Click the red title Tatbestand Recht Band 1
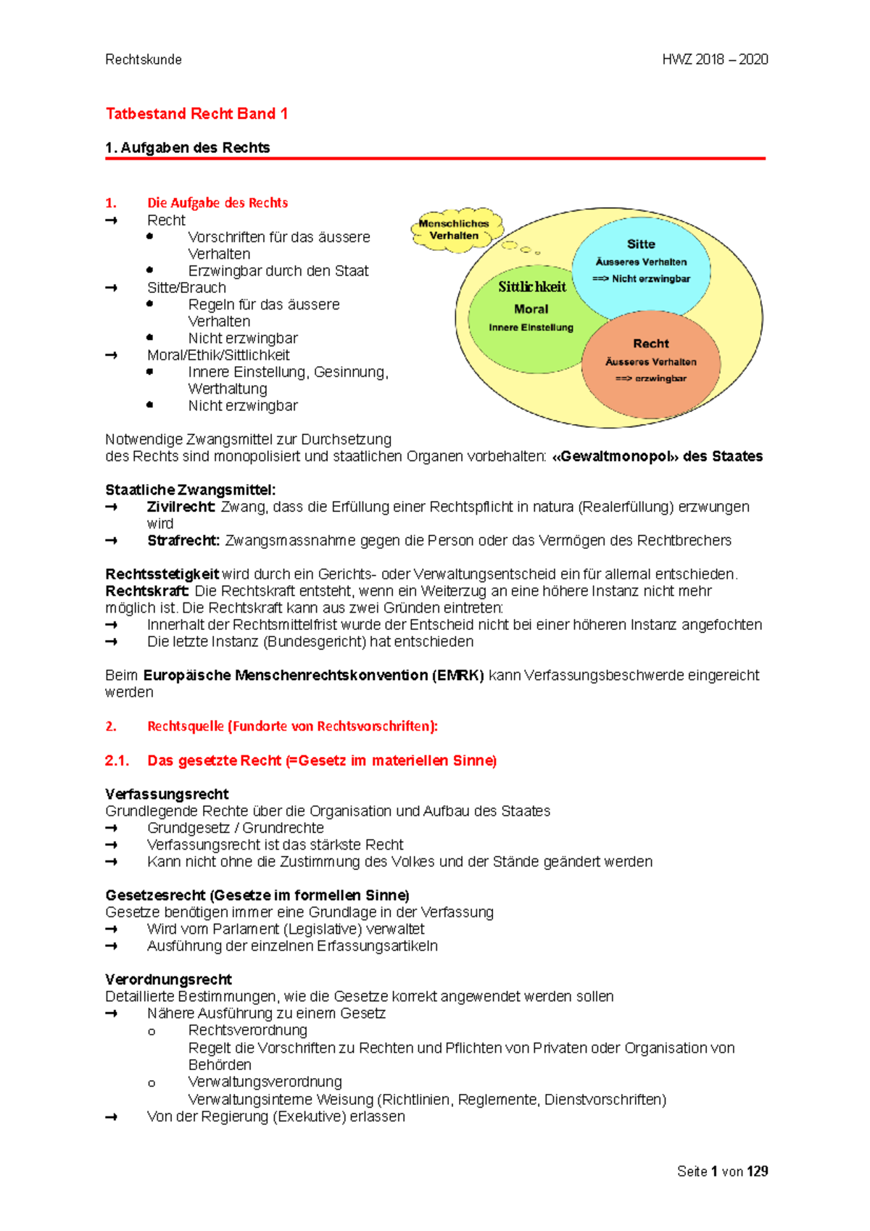click(196, 114)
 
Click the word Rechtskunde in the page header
click(144, 59)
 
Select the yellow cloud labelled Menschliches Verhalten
click(455, 230)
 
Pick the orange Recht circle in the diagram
click(650, 362)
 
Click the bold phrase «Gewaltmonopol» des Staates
click(657, 457)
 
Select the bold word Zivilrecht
click(181, 507)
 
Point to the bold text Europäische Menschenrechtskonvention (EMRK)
click(313, 676)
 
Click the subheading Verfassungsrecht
click(167, 795)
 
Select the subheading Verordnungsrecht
click(168, 980)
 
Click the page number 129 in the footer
click(757, 1172)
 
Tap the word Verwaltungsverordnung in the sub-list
click(265, 1082)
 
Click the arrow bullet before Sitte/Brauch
click(111, 288)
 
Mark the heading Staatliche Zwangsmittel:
click(190, 490)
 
